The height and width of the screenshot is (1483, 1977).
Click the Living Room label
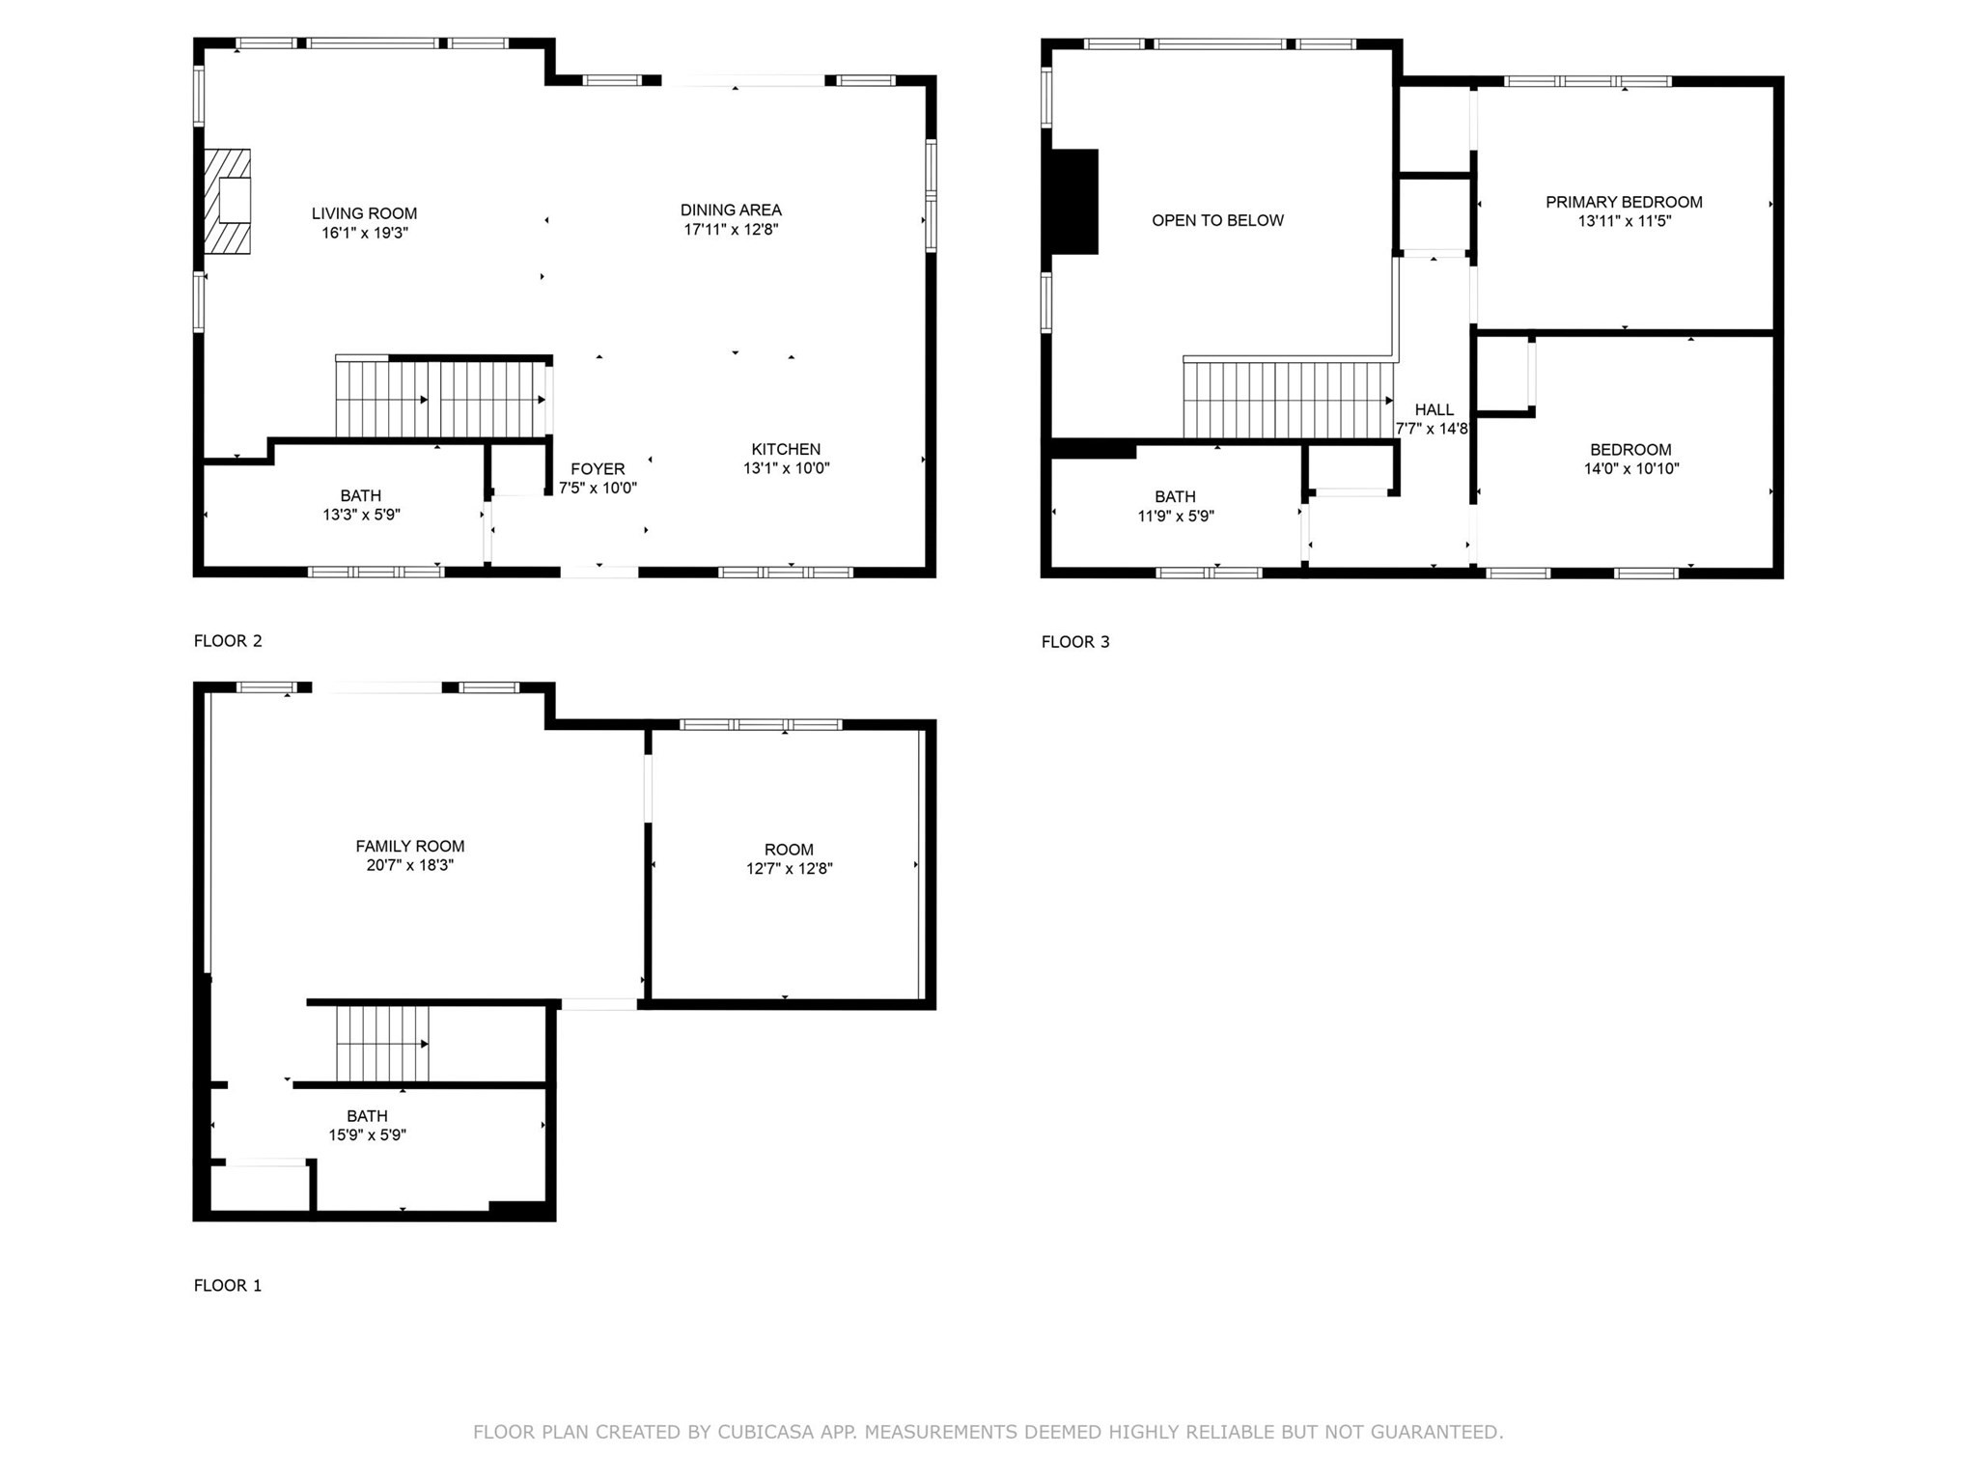point(364,213)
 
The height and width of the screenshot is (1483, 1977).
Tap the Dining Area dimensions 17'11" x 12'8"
point(731,230)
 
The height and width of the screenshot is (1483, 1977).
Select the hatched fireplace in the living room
point(227,201)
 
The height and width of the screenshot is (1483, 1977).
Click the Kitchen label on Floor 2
point(786,449)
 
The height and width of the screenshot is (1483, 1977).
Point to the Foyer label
point(598,469)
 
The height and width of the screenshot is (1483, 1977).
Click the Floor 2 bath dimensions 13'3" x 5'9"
point(361,516)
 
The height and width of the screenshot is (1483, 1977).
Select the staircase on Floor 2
point(441,399)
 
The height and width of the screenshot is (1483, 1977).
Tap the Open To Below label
point(1217,220)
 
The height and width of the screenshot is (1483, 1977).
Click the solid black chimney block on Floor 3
point(1074,201)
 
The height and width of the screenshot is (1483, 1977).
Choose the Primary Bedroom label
point(1624,202)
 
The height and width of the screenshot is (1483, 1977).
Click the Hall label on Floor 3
point(1434,409)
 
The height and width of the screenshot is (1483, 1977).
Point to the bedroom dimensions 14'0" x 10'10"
point(1631,469)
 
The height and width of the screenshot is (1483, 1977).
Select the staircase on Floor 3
point(1288,400)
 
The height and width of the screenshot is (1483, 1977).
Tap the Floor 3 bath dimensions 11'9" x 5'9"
point(1175,517)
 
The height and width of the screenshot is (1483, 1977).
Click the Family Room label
point(409,846)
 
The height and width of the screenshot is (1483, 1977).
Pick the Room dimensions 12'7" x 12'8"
point(789,869)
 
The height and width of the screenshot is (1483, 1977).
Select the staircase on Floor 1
point(382,1044)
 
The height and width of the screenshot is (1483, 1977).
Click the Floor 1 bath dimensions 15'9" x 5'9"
point(367,1135)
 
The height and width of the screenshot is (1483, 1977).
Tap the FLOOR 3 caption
point(1075,642)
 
